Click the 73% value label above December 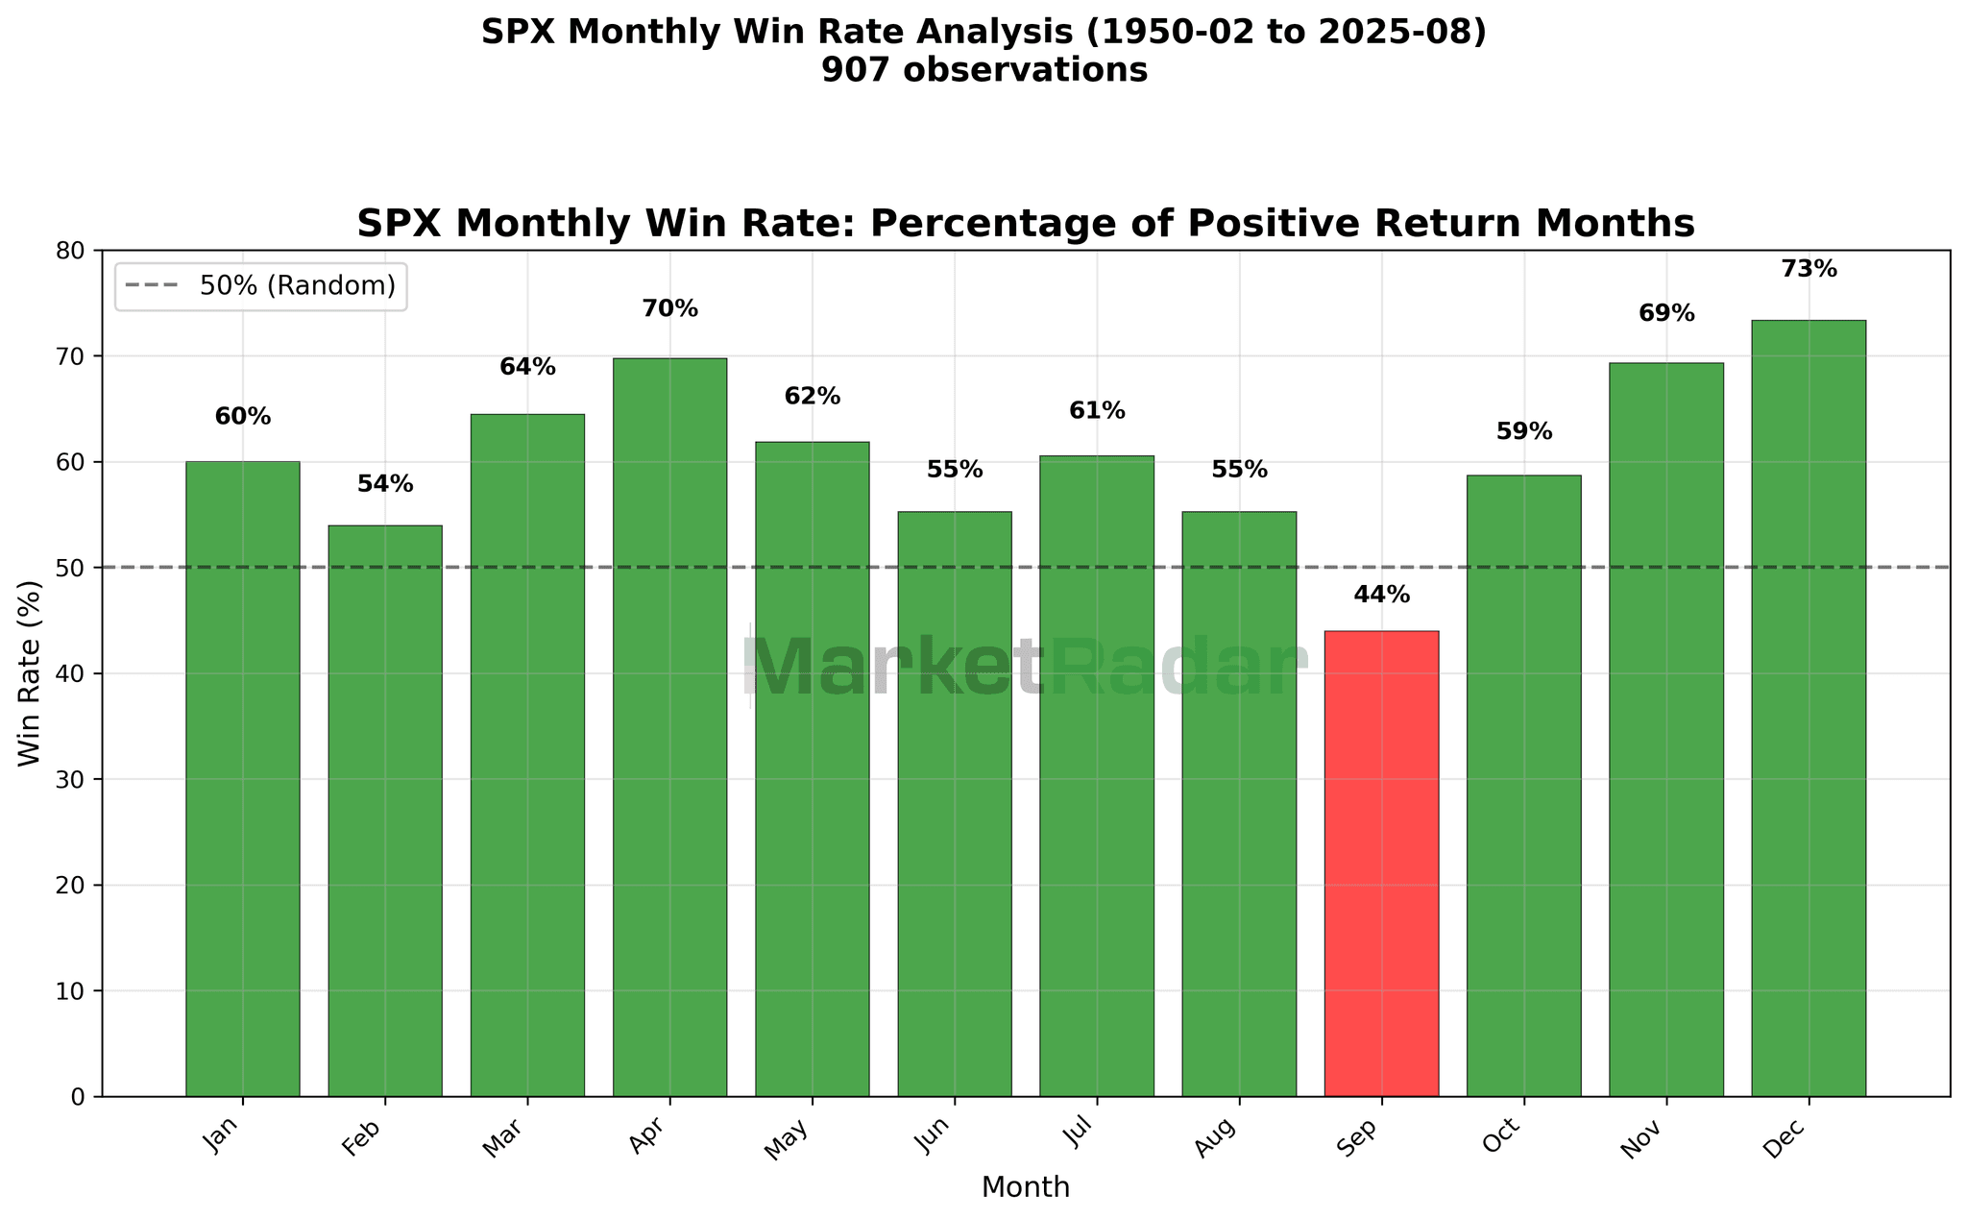[x=1808, y=270]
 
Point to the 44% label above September [x=1381, y=596]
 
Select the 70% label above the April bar [x=669, y=309]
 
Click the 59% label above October [x=1523, y=432]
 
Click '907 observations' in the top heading [x=983, y=70]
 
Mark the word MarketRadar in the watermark [x=1025, y=668]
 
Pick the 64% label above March [x=527, y=367]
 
